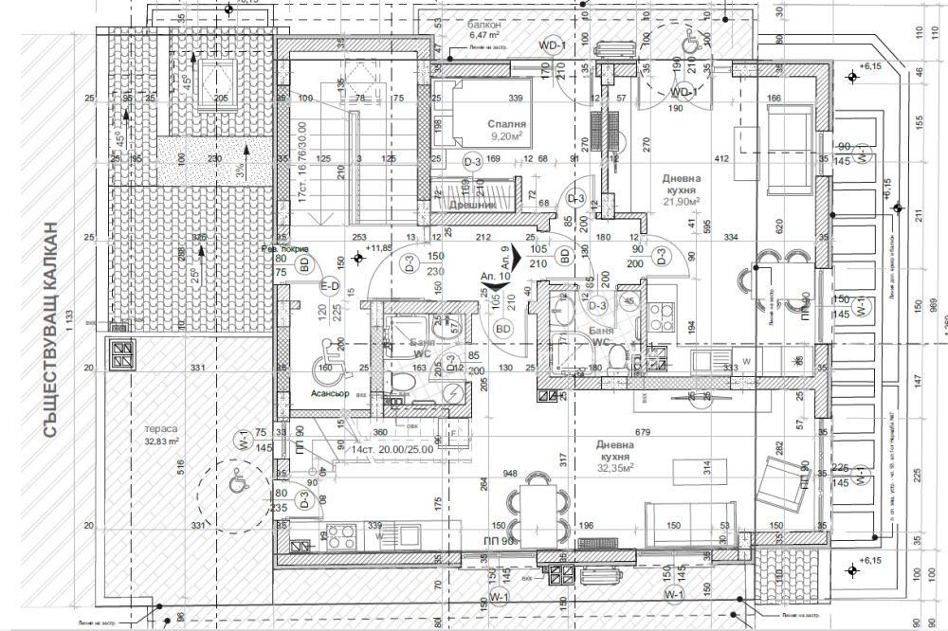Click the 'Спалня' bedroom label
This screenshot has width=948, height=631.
pos(501,123)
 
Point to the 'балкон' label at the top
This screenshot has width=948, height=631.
pos(483,25)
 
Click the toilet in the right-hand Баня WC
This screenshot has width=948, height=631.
pos(616,358)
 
